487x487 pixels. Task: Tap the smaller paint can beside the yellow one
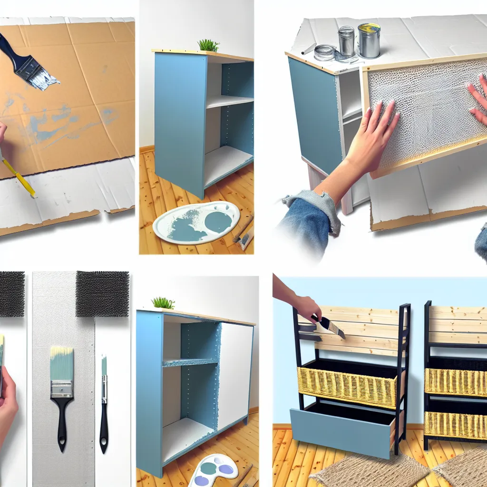coord(346,41)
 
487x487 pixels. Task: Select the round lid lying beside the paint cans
coord(325,52)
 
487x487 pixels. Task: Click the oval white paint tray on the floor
coord(196,222)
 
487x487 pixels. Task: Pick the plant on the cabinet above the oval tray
coord(208,45)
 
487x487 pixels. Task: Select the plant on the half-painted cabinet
coord(163,303)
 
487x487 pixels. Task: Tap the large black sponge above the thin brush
coord(102,293)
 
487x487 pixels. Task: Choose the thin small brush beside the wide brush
coord(104,404)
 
